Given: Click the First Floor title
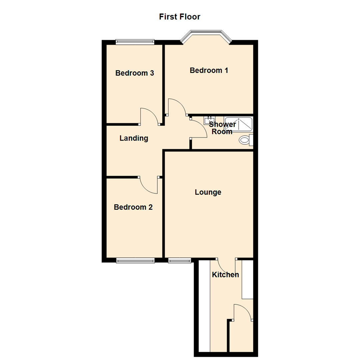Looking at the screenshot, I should tap(180, 16).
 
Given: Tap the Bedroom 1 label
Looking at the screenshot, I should tap(209, 70).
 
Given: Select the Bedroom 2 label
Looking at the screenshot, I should tap(133, 207).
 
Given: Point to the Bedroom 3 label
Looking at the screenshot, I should tap(135, 73).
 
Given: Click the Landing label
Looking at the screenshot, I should tap(134, 138).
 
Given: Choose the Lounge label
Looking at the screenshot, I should tap(208, 192).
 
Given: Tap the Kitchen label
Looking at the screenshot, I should tap(226, 275).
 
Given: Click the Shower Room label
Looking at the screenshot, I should tap(222, 128).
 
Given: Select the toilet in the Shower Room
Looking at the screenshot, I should tap(246, 140).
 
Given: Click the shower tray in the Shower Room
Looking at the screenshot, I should tap(239, 124).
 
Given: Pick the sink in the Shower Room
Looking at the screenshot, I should tap(209, 120).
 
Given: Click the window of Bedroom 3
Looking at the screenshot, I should tap(135, 42).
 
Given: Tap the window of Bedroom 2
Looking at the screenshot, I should tap(135, 260).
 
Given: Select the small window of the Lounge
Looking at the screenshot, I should tap(180, 260).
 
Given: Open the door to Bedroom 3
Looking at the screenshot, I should tap(149, 116).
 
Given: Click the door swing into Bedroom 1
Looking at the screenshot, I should tap(177, 107).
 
